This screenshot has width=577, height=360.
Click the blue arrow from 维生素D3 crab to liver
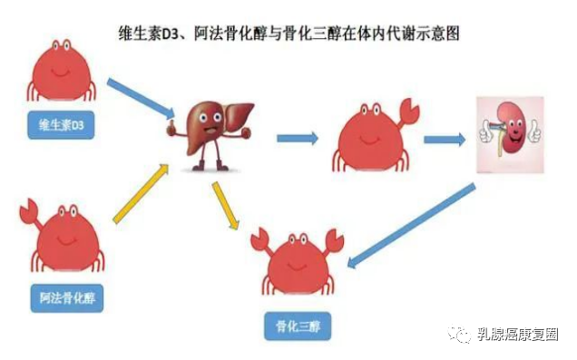click(x=141, y=98)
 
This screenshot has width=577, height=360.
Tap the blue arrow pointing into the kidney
click(x=445, y=140)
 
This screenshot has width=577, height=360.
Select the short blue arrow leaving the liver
click(x=297, y=139)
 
